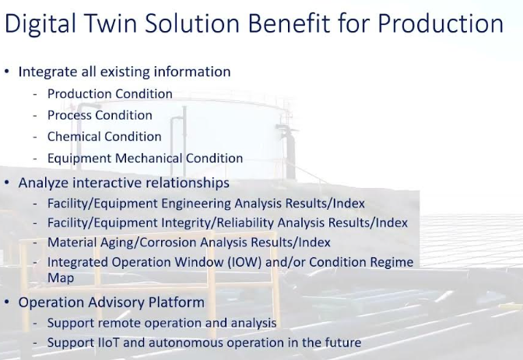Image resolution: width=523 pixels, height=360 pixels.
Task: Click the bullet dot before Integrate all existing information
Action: [x=7, y=72]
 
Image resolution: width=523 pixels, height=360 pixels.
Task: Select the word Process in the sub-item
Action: [x=69, y=115]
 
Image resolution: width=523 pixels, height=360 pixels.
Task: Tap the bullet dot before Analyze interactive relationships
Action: [x=7, y=183]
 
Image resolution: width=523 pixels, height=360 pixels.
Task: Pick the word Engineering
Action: [x=196, y=204]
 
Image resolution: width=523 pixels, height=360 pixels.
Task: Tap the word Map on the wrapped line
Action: [x=61, y=278]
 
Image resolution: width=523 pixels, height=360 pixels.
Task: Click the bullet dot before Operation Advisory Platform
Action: [x=7, y=302]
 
